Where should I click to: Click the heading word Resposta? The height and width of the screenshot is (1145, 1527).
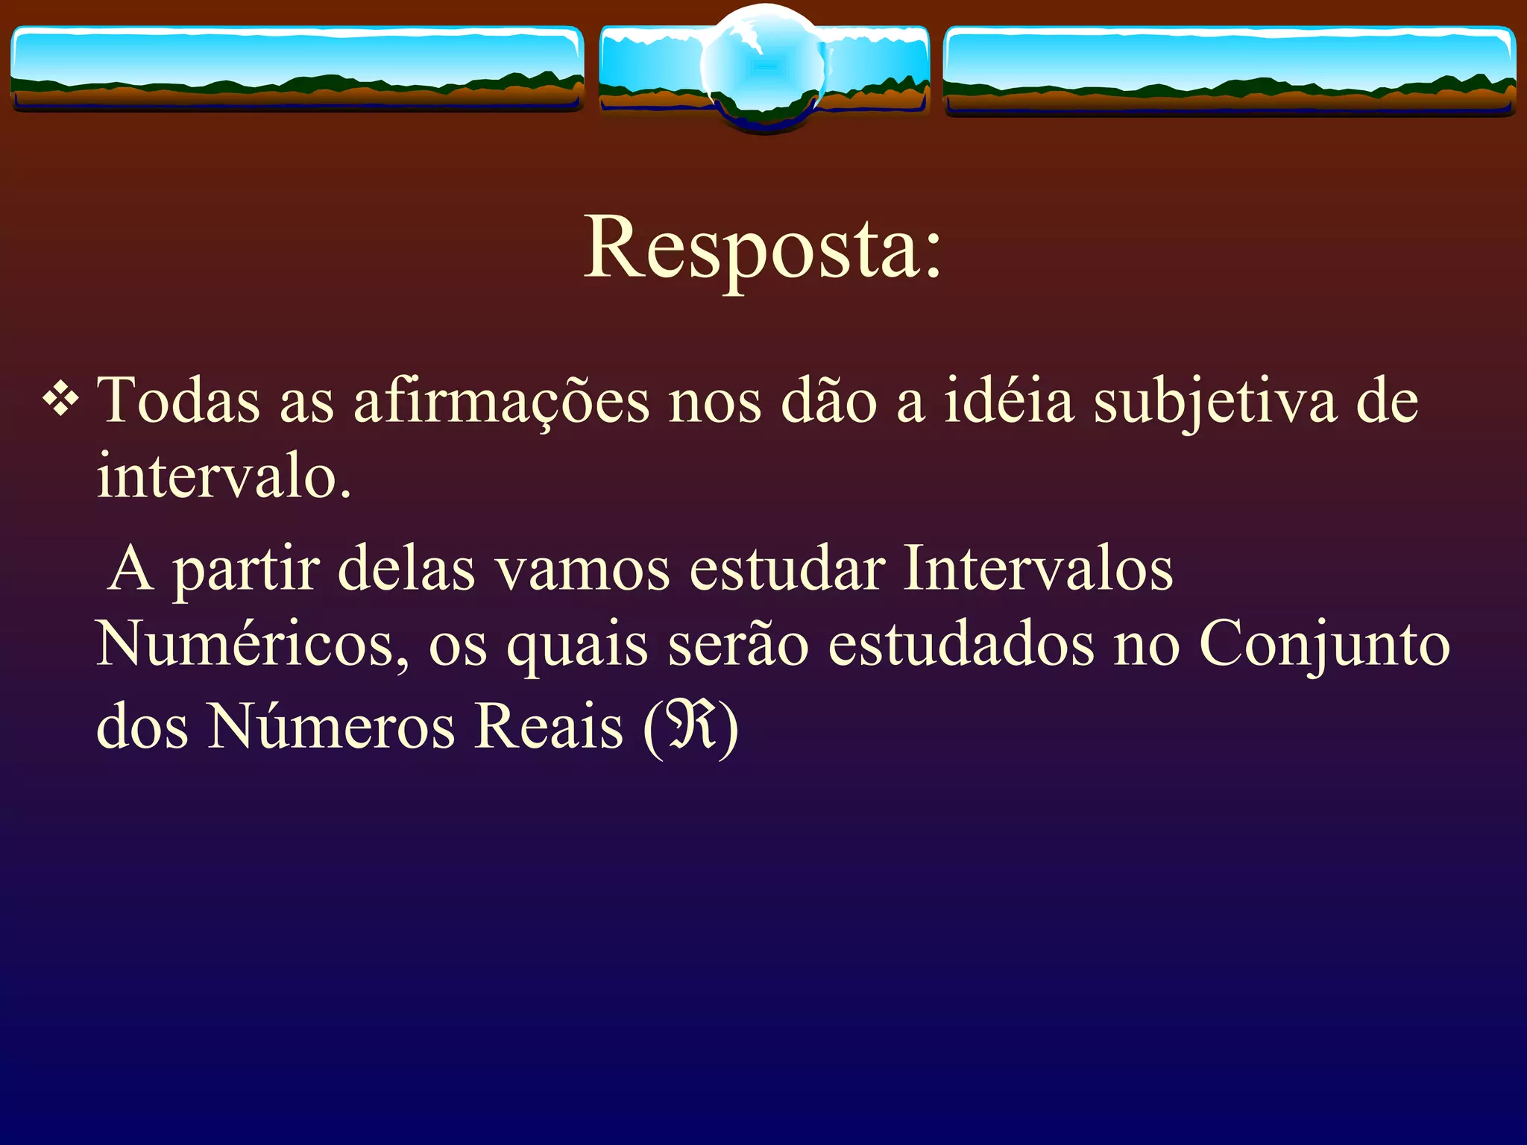point(763,247)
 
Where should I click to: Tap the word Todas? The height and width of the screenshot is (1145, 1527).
point(179,401)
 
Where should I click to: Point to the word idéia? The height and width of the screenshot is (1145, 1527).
point(1010,401)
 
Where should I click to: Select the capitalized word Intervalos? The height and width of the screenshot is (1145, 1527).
point(1038,569)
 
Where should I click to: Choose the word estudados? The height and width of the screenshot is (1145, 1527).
point(962,645)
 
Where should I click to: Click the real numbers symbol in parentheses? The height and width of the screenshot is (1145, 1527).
point(691,727)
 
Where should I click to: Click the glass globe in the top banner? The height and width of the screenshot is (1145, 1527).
point(763,67)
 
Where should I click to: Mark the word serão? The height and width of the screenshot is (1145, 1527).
point(738,645)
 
